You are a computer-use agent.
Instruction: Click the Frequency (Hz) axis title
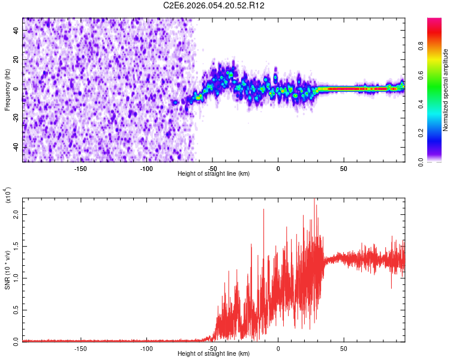[x=7, y=90]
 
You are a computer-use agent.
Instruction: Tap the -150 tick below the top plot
[x=80, y=167]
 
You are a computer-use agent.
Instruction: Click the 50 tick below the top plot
[x=343, y=167]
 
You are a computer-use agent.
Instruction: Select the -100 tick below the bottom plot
[x=146, y=348]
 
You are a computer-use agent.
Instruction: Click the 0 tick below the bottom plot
[x=278, y=348]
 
